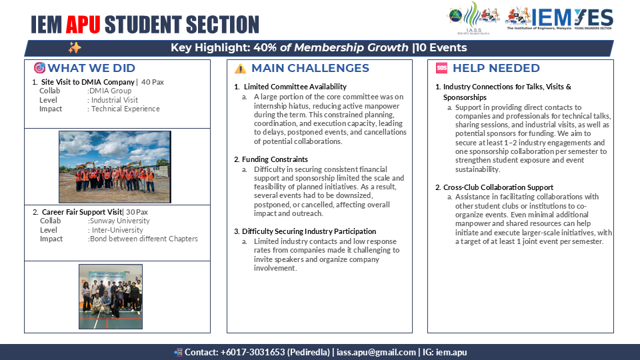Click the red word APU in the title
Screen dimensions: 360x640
point(83,25)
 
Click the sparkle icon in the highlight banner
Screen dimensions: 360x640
point(75,48)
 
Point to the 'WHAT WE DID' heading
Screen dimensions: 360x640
point(91,68)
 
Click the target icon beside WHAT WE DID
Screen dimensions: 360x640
point(39,68)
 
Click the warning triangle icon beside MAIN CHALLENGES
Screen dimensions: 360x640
point(240,69)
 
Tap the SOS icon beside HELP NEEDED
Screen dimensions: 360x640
point(441,68)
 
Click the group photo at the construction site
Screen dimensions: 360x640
point(115,158)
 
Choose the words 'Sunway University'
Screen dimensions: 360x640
point(119,221)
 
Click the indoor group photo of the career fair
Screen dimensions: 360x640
point(111,291)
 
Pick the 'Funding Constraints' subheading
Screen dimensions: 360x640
point(275,159)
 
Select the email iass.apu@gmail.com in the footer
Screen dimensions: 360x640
point(376,351)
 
